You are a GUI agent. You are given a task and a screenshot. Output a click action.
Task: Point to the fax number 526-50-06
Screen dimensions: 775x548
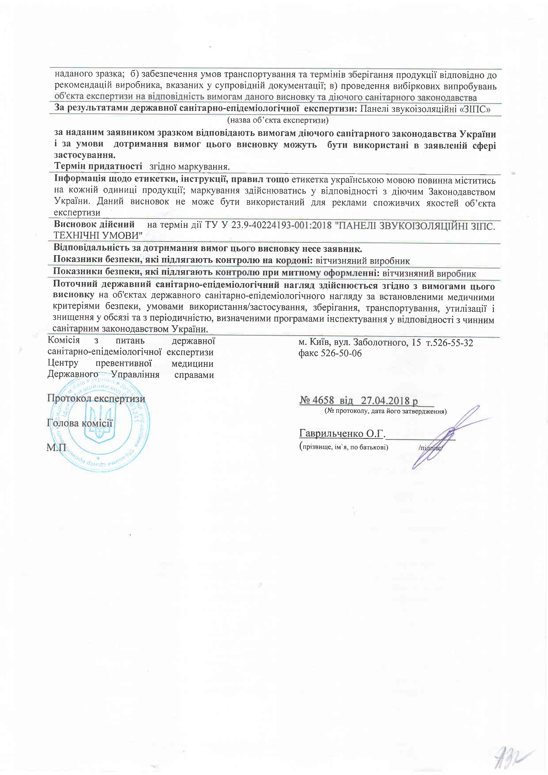pyautogui.click(x=341, y=353)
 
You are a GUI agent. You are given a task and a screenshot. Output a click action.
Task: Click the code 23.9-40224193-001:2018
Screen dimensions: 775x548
pyautogui.click(x=282, y=225)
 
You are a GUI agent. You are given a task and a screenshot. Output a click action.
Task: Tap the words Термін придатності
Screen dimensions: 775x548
pyautogui.click(x=98, y=166)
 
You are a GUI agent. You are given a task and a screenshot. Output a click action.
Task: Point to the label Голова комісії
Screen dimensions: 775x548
pyautogui.click(x=80, y=423)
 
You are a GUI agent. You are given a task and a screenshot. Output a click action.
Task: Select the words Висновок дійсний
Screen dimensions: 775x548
pyautogui.click(x=94, y=225)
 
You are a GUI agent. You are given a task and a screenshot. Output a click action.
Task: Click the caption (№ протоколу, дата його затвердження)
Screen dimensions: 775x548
pyautogui.click(x=385, y=411)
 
